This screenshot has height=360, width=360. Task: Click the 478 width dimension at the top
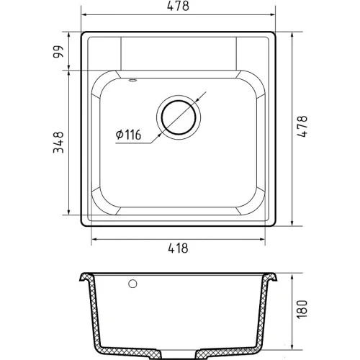click(x=178, y=6)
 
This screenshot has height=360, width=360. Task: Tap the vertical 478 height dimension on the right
click(x=302, y=126)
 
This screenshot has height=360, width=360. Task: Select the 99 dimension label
click(x=58, y=52)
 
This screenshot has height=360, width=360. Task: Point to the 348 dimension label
click(x=58, y=143)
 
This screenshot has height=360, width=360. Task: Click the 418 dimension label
click(x=178, y=248)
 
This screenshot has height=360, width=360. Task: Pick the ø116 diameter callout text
click(x=128, y=135)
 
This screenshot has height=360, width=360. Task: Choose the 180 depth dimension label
click(x=302, y=310)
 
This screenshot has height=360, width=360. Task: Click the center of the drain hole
click(x=179, y=117)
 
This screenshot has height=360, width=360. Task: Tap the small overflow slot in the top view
click(x=132, y=80)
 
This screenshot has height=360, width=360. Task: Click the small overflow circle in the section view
click(x=132, y=284)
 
